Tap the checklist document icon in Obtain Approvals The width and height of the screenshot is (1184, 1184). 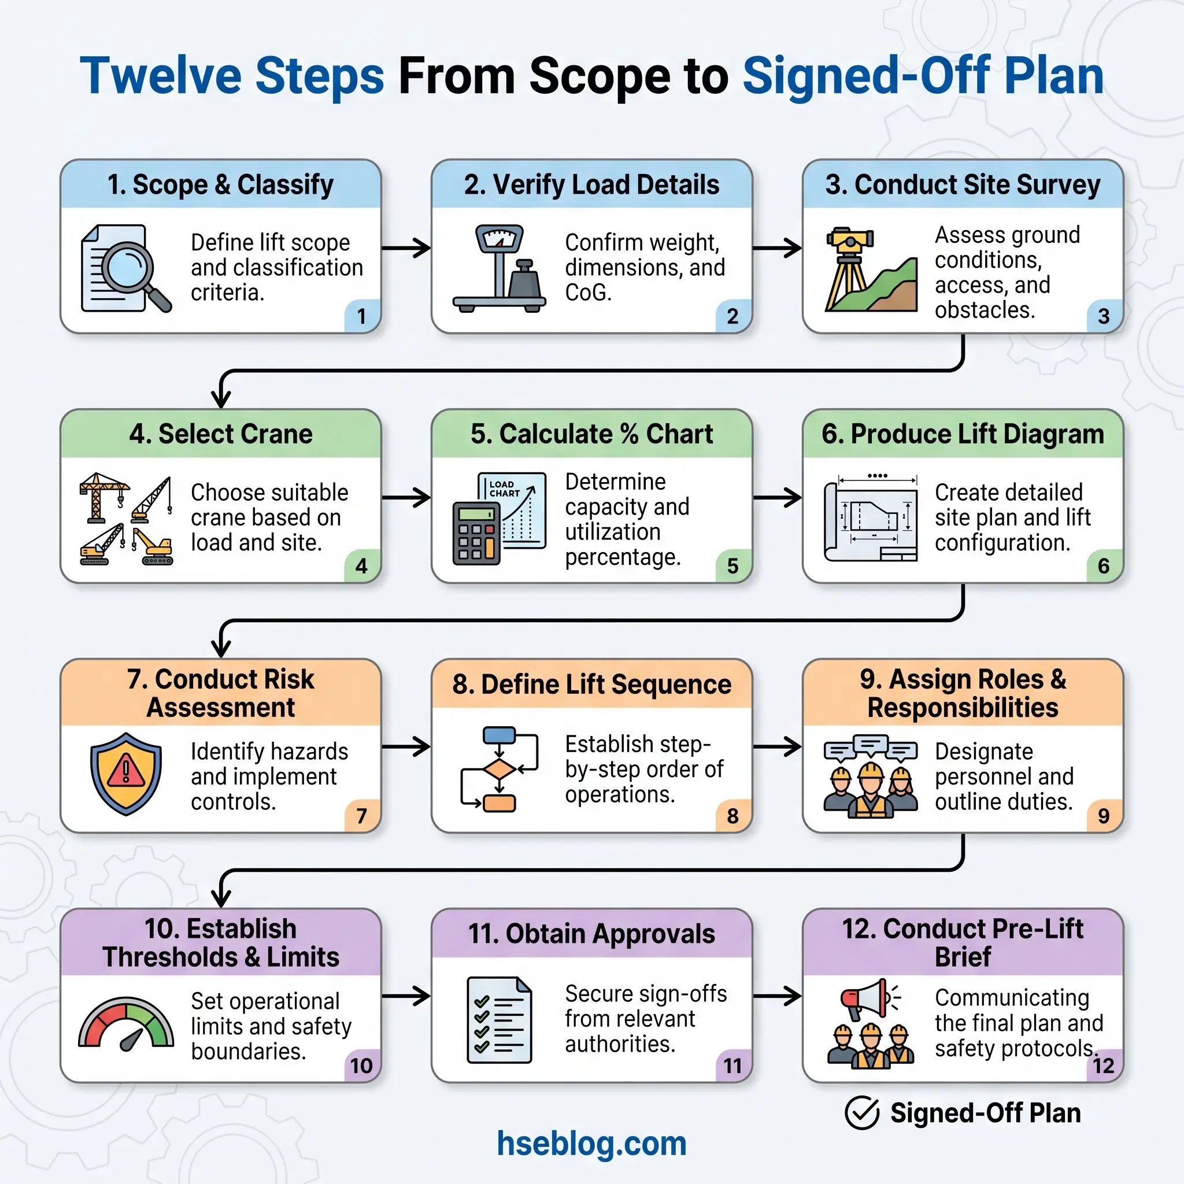click(499, 1020)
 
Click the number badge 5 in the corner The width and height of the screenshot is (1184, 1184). click(732, 565)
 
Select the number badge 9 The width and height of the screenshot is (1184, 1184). click(1104, 816)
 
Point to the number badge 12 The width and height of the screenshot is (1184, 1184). click(1103, 1065)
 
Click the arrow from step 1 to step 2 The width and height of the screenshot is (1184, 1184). click(406, 248)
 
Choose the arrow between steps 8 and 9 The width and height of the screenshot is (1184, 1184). click(777, 746)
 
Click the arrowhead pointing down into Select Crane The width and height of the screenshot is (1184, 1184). click(221, 398)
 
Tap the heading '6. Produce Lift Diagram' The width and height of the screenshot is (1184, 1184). click(962, 434)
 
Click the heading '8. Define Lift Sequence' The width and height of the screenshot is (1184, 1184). click(591, 684)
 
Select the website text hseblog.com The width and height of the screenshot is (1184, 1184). click(591, 1144)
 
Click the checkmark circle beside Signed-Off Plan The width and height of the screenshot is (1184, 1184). click(861, 1113)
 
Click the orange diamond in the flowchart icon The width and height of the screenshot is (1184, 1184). click(499, 769)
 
